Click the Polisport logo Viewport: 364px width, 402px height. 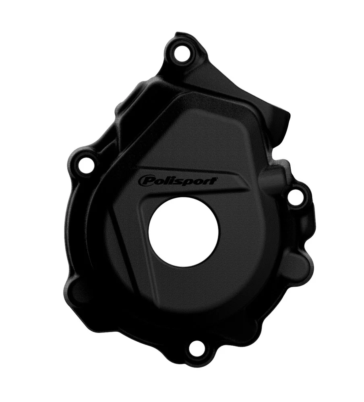[178, 181]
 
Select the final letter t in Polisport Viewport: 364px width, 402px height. [215, 180]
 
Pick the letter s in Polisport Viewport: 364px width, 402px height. [182, 181]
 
